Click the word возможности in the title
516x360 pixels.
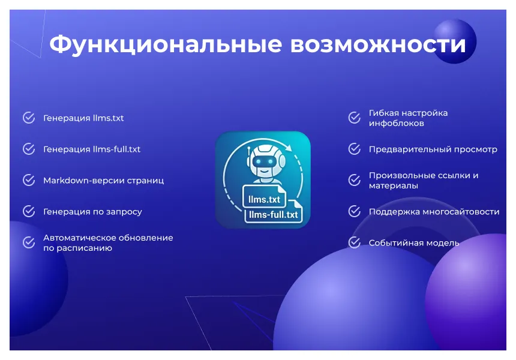(x=378, y=45)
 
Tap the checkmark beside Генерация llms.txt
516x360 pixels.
(x=29, y=118)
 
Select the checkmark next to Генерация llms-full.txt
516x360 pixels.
(x=29, y=149)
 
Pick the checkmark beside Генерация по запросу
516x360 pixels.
(x=29, y=211)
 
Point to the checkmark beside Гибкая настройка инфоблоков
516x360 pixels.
(x=355, y=118)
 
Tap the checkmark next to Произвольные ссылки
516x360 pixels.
(x=355, y=180)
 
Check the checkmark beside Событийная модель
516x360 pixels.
(x=355, y=242)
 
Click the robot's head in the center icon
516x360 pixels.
(x=263, y=160)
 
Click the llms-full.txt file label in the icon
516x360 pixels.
(x=274, y=214)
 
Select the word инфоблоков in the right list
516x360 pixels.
(x=397, y=123)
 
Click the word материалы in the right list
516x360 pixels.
(x=394, y=186)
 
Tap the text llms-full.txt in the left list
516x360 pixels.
(x=116, y=149)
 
